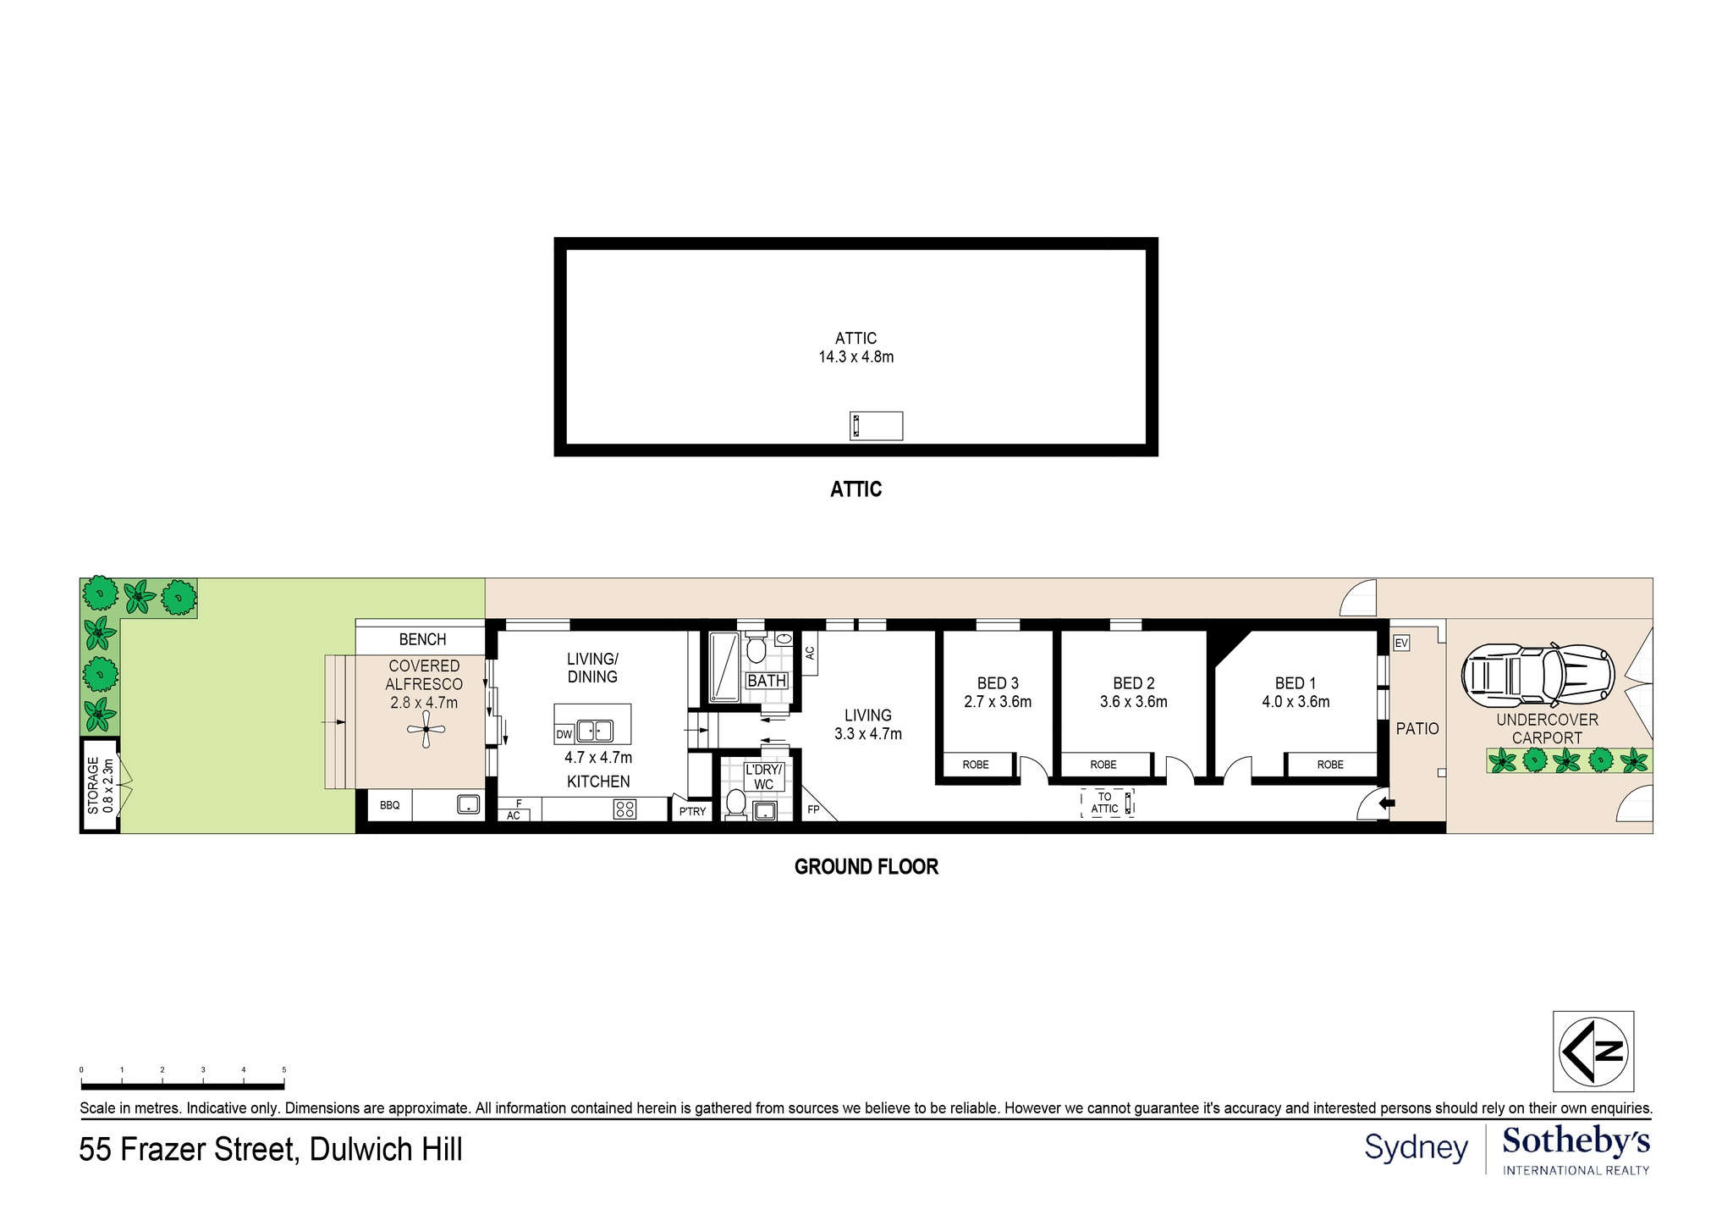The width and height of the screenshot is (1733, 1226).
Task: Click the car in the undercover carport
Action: click(x=1538, y=675)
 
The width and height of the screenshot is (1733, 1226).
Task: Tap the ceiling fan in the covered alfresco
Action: click(x=426, y=729)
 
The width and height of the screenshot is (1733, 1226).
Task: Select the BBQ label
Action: click(x=389, y=805)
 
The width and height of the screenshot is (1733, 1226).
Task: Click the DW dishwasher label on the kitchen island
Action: click(x=564, y=734)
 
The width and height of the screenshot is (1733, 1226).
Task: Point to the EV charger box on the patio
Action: click(x=1401, y=643)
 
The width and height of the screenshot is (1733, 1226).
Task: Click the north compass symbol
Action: click(x=1593, y=1051)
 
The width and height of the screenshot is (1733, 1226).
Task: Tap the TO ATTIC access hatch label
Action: click(x=1105, y=803)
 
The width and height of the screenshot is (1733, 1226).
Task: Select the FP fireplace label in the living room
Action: click(x=813, y=809)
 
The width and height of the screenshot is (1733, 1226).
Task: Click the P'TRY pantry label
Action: click(x=692, y=811)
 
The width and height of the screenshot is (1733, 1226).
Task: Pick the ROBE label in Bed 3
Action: click(x=976, y=765)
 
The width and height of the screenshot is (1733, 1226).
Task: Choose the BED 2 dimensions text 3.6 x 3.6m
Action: click(x=1133, y=702)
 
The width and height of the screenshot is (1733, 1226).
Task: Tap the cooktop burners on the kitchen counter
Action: click(x=624, y=809)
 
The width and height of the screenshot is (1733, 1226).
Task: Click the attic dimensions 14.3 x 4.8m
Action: click(x=855, y=357)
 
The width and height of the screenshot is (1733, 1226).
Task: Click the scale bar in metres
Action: click(x=183, y=1085)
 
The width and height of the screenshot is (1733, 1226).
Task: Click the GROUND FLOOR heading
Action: click(x=866, y=867)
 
